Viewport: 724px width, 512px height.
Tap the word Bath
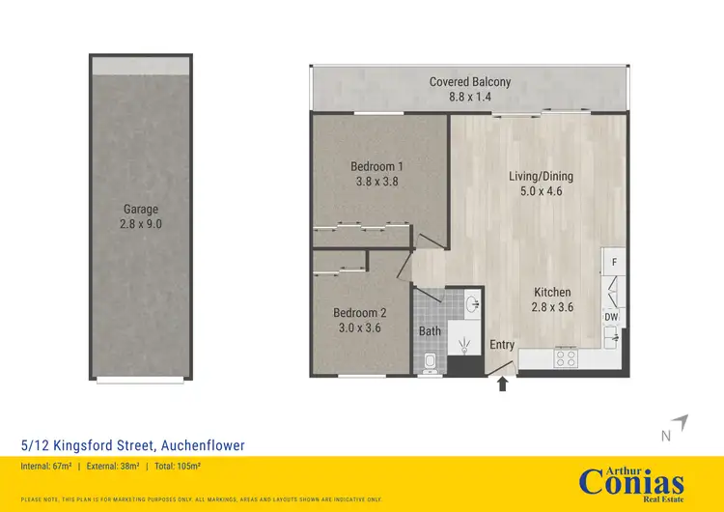430,331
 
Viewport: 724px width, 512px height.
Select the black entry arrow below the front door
502,384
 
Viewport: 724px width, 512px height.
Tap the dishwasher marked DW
611,317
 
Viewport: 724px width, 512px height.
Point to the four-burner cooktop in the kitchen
567,357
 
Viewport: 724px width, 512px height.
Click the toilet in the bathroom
432,362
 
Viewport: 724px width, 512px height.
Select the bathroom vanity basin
472,304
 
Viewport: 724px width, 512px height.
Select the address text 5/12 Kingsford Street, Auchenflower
132,445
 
